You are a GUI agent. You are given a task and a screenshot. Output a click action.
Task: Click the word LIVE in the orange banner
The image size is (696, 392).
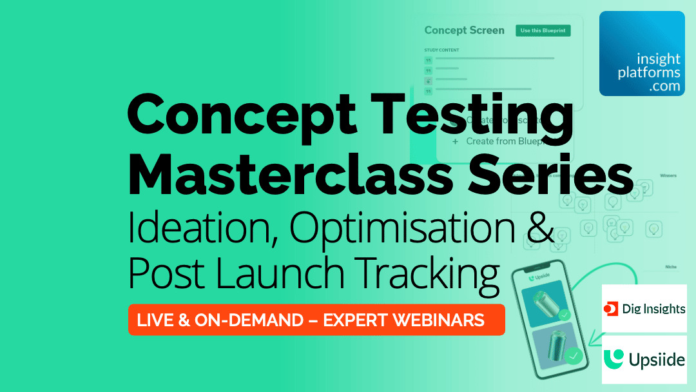[x=158, y=320]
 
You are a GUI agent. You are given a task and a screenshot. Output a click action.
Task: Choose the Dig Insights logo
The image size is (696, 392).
[x=644, y=309]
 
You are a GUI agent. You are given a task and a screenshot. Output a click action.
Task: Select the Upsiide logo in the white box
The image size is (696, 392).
[x=644, y=359]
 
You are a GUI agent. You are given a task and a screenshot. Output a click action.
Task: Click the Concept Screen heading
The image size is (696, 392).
[x=464, y=30]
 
